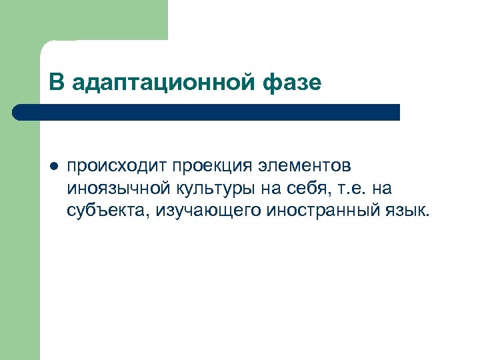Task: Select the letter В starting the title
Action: [56, 83]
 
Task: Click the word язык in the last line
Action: [406, 211]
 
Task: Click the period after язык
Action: [429, 216]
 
